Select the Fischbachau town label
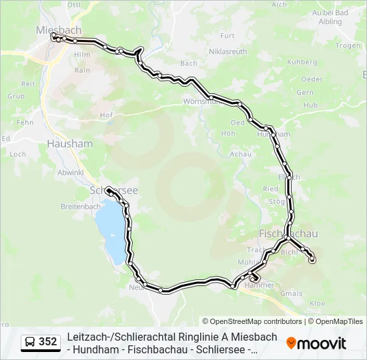[x=288, y=233]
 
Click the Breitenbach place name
[x=80, y=207]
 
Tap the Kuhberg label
[x=302, y=62]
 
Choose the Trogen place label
[x=348, y=46]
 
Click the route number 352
[x=48, y=341]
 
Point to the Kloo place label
[x=317, y=303]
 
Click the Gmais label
[x=291, y=293]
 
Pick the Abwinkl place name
[x=70, y=172]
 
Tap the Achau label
[x=240, y=154]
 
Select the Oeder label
[x=312, y=79]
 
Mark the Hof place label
[x=105, y=115]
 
